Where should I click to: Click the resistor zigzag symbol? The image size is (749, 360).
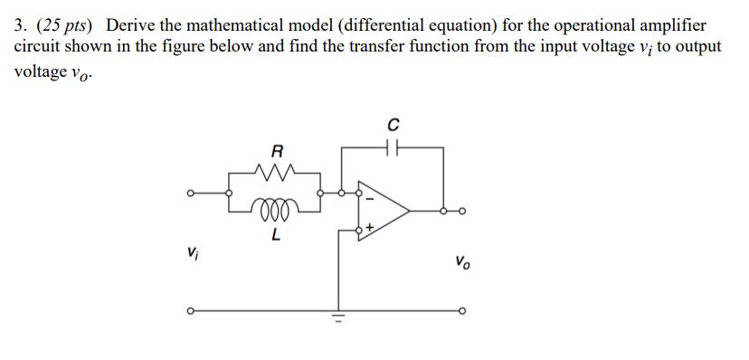click(276, 170)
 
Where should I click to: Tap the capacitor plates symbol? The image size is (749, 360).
click(393, 145)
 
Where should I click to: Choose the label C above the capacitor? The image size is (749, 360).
click(393, 122)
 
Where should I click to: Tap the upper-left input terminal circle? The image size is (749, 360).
click(190, 193)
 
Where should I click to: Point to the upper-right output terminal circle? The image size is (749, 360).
click(462, 212)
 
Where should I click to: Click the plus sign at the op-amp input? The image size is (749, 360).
click(368, 230)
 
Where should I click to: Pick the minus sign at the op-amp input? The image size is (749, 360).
click(367, 194)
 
